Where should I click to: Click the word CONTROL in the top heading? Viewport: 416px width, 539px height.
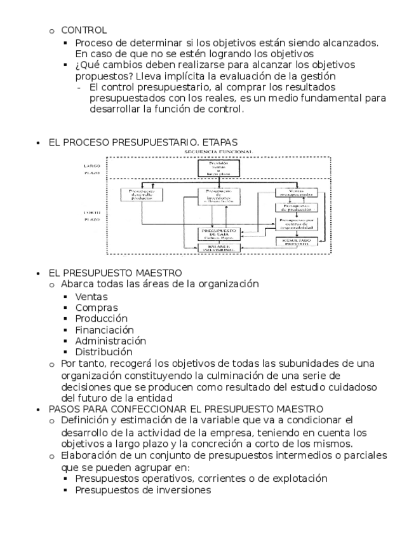[84, 30]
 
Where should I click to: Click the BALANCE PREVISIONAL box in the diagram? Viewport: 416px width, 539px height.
[218, 247]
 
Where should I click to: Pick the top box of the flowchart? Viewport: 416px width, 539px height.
[218, 167]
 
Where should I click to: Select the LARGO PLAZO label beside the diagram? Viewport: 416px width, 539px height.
[91, 169]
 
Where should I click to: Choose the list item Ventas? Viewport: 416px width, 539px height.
[91, 296]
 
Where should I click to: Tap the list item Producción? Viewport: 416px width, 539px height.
[101, 318]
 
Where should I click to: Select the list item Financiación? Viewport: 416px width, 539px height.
[104, 329]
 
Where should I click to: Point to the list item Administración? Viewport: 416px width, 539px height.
[110, 341]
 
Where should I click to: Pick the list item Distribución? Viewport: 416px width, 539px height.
[104, 351]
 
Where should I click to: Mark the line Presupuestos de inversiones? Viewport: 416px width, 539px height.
[143, 490]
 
